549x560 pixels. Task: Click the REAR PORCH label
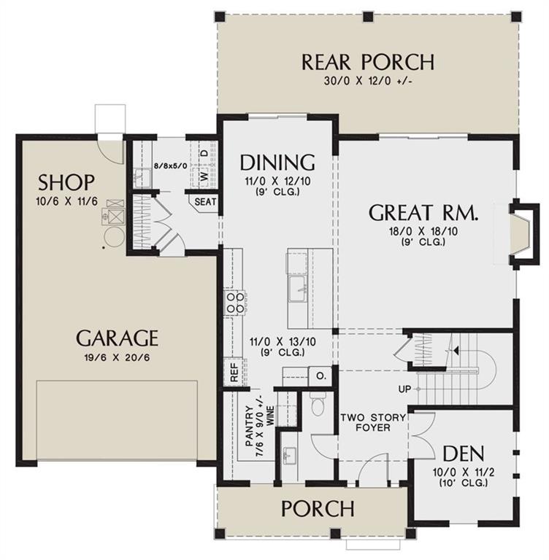click(368, 62)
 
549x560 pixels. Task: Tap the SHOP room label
click(66, 182)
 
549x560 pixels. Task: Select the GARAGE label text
click(118, 338)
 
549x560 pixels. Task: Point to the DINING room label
click(277, 163)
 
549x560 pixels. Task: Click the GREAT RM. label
click(423, 213)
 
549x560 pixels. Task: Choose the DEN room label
click(464, 454)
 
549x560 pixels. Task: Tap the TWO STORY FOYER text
click(372, 422)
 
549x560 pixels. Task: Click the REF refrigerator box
click(234, 372)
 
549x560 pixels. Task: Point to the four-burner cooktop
click(234, 303)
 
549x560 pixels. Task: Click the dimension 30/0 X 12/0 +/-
click(369, 81)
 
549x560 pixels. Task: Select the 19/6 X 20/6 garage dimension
click(118, 357)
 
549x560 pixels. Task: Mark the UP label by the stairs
click(404, 389)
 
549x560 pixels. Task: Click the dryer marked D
click(204, 153)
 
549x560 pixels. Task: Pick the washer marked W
click(204, 176)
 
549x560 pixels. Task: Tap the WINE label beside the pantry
click(270, 416)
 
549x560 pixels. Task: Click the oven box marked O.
click(320, 376)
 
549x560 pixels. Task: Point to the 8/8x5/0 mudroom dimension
click(170, 166)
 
